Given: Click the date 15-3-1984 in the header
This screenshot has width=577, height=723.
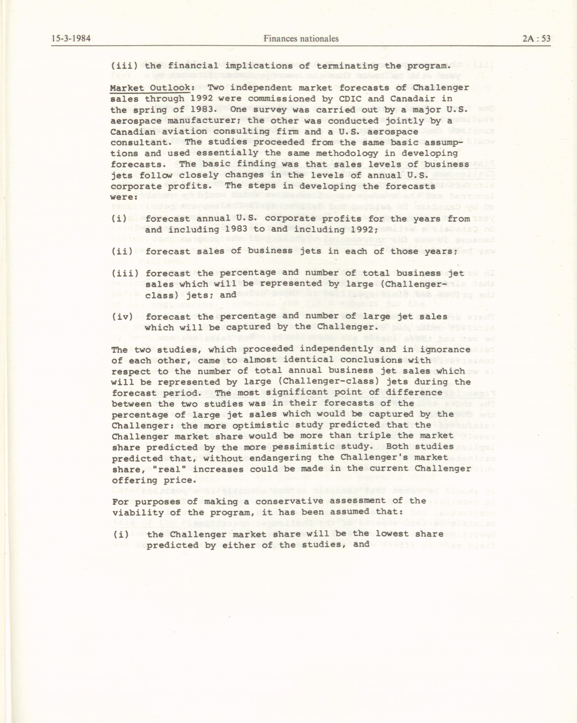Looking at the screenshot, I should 71,39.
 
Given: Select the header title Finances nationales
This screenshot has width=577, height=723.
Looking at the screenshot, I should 301,39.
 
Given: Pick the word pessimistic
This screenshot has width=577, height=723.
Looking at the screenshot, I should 304,447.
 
